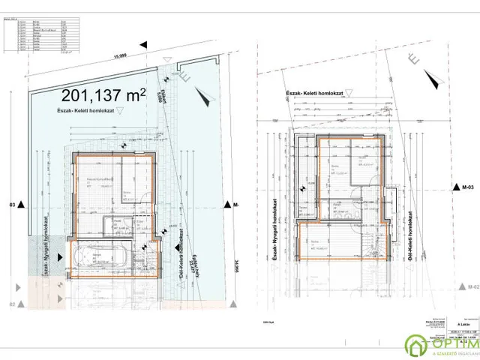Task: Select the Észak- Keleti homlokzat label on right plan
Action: [319, 95]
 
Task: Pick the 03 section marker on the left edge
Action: [12, 203]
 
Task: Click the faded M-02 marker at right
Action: [470, 287]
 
